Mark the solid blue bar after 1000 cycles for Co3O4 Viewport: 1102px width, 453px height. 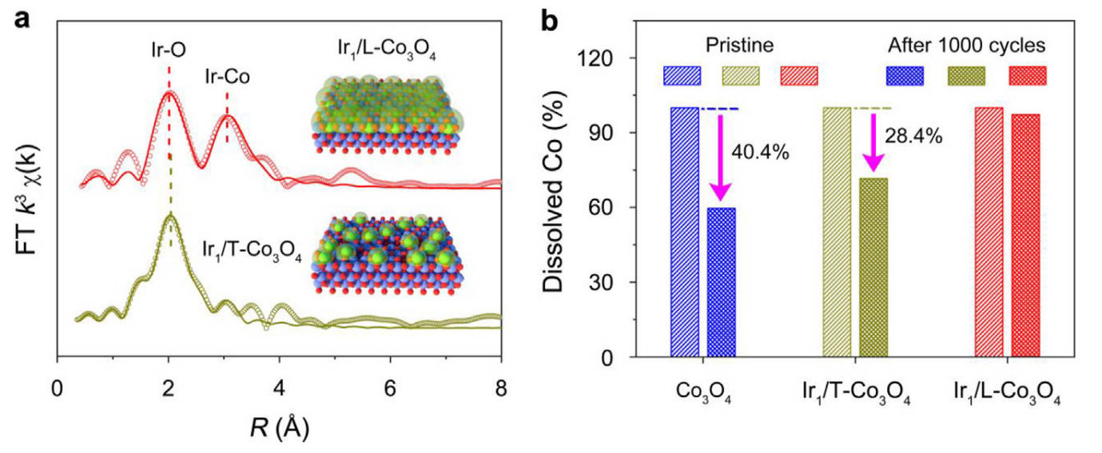point(721,282)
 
